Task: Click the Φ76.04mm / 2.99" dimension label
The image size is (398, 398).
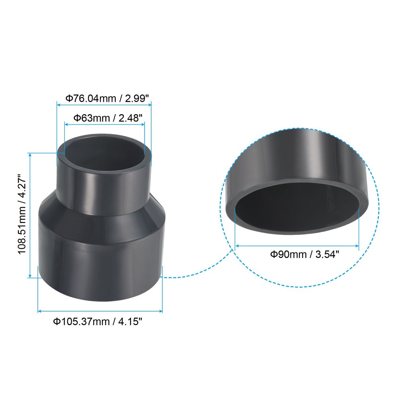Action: (104, 98)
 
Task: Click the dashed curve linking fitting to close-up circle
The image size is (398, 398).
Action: (191, 275)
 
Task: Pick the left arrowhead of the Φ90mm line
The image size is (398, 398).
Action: (238, 246)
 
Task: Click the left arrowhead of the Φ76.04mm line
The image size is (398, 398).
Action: (59, 105)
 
